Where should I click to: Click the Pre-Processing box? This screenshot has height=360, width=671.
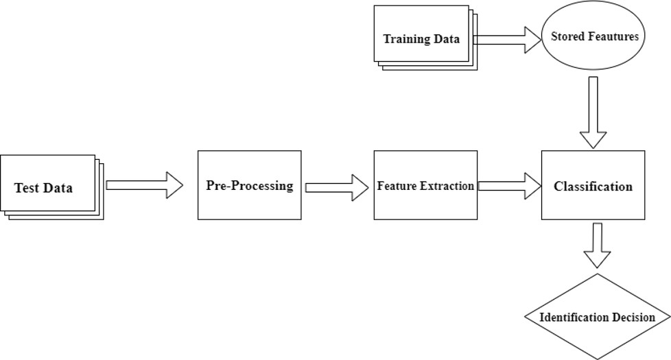250,185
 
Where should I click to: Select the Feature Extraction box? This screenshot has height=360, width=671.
426,185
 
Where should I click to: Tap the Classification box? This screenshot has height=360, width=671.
593,185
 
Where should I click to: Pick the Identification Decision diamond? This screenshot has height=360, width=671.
597,317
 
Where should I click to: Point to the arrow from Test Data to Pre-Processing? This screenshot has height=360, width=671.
145,185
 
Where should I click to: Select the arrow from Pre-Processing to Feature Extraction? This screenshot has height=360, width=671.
337,187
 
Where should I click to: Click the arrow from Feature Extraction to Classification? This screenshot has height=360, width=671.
510,186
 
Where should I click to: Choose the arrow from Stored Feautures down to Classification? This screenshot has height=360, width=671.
593,112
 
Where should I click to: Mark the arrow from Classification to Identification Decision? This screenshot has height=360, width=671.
597,245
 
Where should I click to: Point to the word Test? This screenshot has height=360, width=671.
27,188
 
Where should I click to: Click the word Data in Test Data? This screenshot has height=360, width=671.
58,188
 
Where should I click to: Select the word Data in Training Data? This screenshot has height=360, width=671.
447,39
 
